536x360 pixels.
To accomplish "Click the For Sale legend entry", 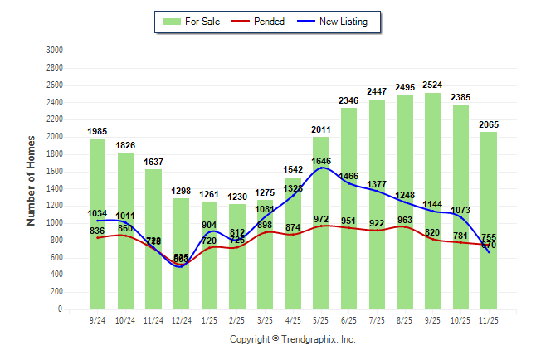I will click(195, 22).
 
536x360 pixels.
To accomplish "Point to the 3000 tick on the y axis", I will click(56, 51).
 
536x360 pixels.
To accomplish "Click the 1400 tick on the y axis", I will click(56, 188).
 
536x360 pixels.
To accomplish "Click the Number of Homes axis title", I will click(32, 180).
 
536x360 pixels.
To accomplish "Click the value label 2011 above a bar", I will click(321, 129).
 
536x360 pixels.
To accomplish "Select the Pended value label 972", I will click(321, 218).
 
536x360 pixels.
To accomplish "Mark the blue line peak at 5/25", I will click(321, 168).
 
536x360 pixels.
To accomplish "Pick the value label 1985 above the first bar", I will click(99, 131).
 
